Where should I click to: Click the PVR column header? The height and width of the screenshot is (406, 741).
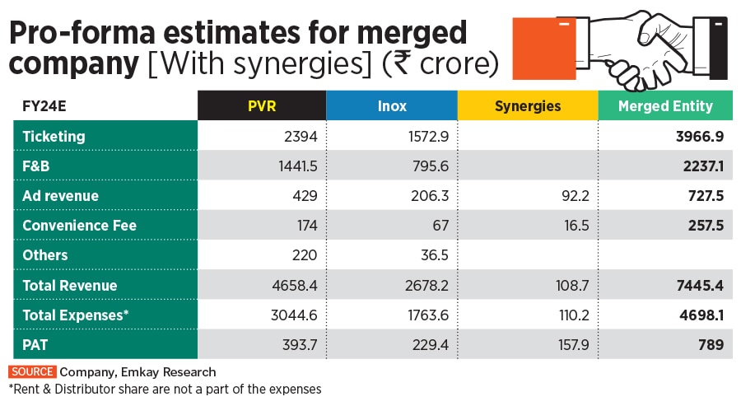(x=262, y=106)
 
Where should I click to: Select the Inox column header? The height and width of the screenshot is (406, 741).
(x=392, y=106)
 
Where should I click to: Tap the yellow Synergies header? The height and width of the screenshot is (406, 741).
(x=528, y=106)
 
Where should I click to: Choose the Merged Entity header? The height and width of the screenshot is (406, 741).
(x=665, y=106)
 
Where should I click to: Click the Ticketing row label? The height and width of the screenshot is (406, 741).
(x=54, y=136)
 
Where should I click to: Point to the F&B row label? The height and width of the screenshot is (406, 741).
(x=38, y=166)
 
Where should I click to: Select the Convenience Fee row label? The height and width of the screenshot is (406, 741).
(x=79, y=226)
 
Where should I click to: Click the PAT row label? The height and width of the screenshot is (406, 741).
(x=35, y=345)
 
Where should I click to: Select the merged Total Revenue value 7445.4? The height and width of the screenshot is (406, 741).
(x=701, y=286)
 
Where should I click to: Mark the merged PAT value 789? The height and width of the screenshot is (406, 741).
(x=711, y=345)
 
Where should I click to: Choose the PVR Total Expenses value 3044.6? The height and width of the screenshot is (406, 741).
(x=294, y=315)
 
